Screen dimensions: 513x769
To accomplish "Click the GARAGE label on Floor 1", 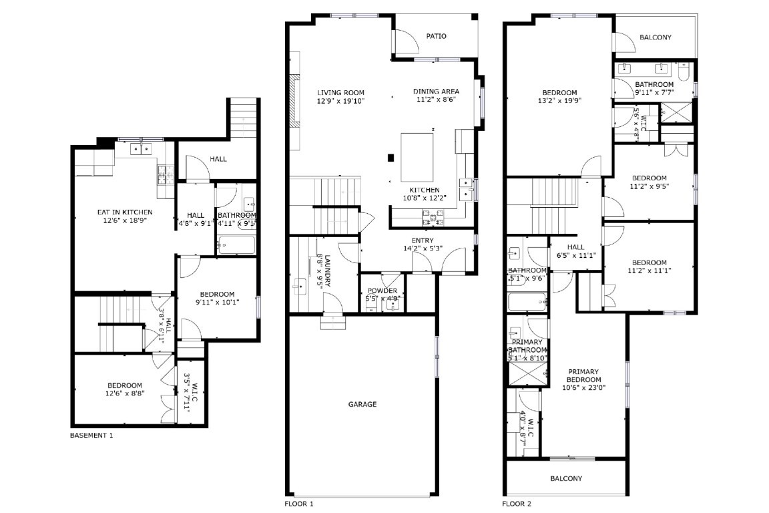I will pos(362,404).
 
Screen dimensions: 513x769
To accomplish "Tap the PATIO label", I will pos(436,36).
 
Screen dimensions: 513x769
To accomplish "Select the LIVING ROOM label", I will pos(340,93).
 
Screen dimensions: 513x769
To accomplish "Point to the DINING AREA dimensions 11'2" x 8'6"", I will pos(435,100).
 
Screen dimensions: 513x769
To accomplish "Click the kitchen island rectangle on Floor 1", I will pos(417,157).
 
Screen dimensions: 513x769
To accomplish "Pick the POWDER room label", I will pos(382,291).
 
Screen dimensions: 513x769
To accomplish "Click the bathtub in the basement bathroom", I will pos(236,244).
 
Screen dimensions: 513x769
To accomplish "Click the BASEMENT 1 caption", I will pos(91,436).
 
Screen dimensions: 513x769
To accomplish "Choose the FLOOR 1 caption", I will pos(298,504).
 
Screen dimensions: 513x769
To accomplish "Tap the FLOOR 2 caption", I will pos(517,504).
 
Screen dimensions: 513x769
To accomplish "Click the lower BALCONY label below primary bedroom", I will pos(565,478).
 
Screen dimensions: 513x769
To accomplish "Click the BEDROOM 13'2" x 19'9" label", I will pos(559,92).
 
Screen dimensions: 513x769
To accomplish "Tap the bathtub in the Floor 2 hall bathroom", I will pos(527,303).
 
